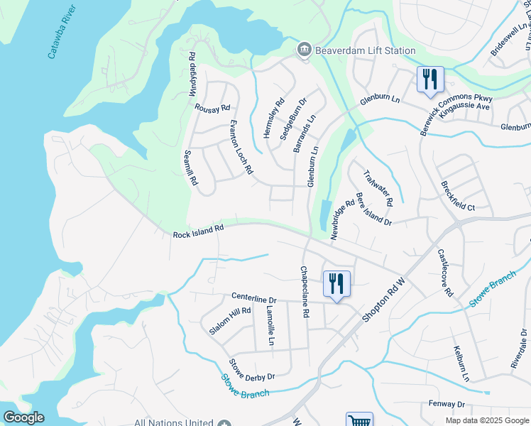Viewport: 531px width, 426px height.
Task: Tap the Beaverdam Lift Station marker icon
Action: pyautogui.click(x=304, y=50)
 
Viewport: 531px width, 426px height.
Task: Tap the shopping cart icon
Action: pyautogui.click(x=359, y=420)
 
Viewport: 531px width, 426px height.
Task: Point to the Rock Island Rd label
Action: pyautogui.click(x=198, y=231)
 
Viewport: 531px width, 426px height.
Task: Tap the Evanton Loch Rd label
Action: pyautogui.click(x=241, y=147)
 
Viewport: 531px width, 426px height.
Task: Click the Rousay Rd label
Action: pyautogui.click(x=212, y=108)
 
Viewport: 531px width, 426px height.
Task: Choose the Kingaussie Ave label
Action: pyautogui.click(x=464, y=106)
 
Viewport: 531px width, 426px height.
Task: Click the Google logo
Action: pyautogui.click(x=23, y=417)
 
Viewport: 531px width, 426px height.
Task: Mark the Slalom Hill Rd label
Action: pyautogui.click(x=230, y=320)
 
